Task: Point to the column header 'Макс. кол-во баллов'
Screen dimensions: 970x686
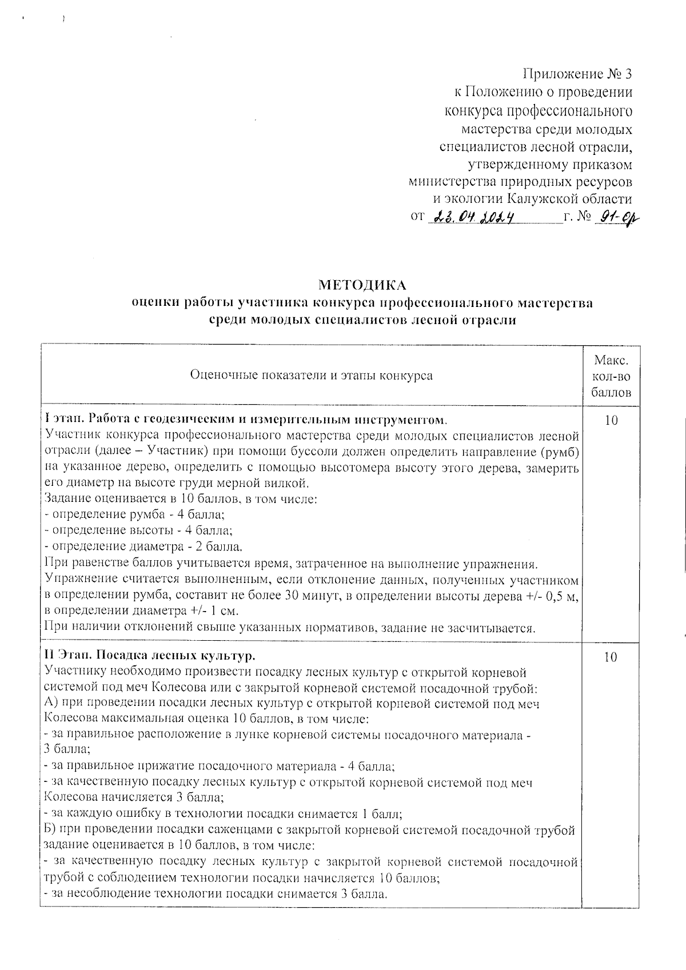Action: click(611, 376)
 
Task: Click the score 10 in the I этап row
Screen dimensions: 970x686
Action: click(611, 421)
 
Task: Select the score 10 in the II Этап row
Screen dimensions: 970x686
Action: click(611, 657)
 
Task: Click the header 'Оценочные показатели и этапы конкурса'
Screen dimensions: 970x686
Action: click(311, 376)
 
